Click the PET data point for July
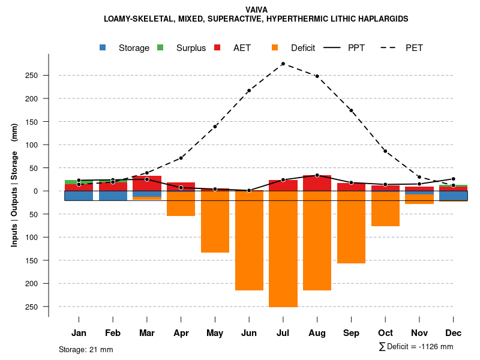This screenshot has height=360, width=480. click(x=283, y=64)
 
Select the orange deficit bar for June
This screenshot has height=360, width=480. click(x=249, y=240)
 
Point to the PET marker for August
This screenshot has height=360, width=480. click(x=317, y=76)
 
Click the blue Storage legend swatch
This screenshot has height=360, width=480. click(x=103, y=47)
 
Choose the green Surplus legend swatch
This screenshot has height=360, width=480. click(x=160, y=47)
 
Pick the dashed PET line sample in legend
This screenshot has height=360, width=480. click(x=391, y=47)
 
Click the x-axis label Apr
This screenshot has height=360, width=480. click(x=181, y=333)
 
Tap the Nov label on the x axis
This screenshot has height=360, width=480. click(x=419, y=333)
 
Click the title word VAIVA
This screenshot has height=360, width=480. click(x=256, y=10)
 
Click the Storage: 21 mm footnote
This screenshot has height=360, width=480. click(x=86, y=349)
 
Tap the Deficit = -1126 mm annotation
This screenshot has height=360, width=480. click(x=416, y=347)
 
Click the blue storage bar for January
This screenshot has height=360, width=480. click(x=79, y=196)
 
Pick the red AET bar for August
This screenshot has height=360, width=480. click(x=317, y=183)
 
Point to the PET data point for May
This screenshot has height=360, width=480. click(x=215, y=127)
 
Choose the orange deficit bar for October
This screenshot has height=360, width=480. click(x=385, y=208)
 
